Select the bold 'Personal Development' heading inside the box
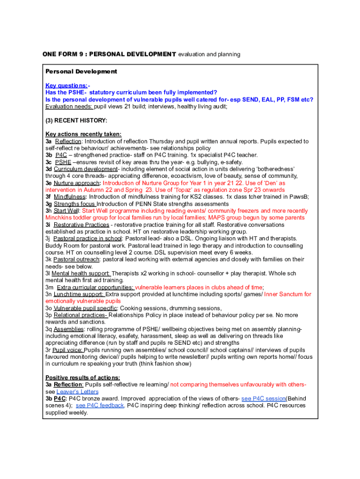tap(81, 72)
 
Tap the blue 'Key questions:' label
tap(66, 86)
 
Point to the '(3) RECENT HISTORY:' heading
tap(76, 120)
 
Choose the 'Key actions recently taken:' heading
tap(83, 134)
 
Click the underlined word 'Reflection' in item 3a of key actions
tap(68, 141)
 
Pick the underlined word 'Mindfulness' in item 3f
tap(70, 197)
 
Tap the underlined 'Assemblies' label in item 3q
tap(69, 329)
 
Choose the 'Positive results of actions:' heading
tap(83, 377)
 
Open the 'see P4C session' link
tap(263, 398)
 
